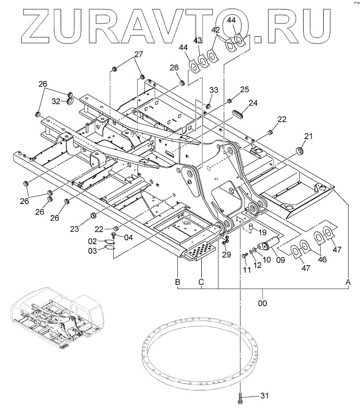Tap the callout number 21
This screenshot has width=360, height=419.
308,137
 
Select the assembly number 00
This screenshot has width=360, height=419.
262,303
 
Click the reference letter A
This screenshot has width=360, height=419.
349,282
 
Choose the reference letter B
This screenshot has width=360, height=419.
177,282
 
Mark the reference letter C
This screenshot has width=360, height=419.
202,282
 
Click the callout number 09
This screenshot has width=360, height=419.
280,260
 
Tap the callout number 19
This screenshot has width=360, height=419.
262,232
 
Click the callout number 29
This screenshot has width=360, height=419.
226,255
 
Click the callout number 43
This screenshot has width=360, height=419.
198,40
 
